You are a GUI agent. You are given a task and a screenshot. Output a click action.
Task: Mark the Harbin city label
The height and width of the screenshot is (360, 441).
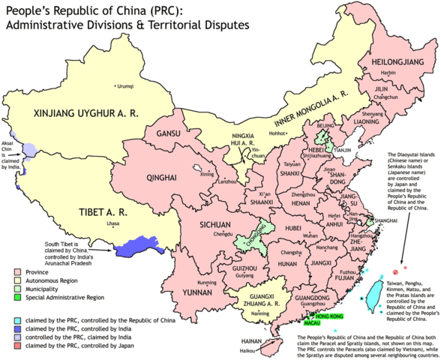click(388, 73)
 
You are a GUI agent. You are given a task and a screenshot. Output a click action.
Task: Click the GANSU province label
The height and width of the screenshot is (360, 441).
click(166, 133)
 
